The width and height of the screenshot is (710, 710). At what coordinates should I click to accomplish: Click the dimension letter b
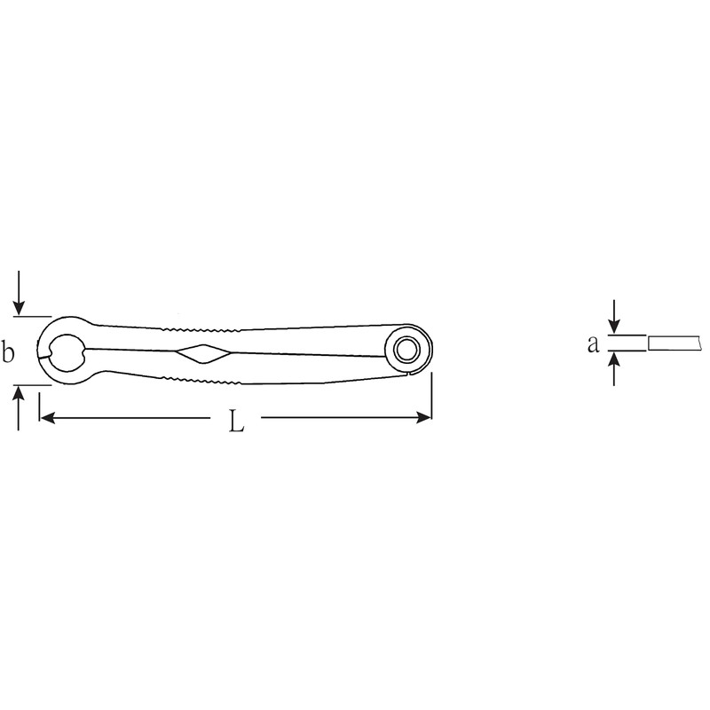9,352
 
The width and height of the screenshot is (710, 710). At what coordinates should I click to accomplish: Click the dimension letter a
593,344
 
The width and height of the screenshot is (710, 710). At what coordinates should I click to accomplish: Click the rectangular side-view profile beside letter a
678,343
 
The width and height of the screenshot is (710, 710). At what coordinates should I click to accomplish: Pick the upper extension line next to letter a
627,335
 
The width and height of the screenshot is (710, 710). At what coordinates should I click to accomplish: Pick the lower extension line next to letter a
627,351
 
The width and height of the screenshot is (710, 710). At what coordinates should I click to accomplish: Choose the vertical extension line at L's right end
431,395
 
